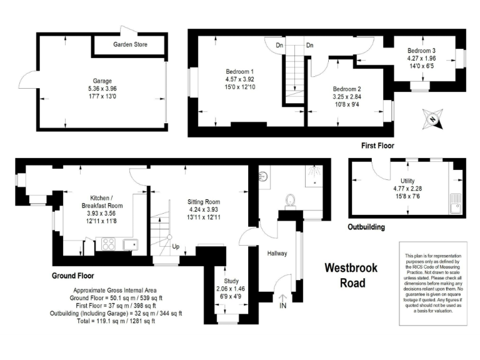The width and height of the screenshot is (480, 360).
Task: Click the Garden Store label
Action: (x=130, y=45)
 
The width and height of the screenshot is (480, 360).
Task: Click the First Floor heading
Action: (x=379, y=146)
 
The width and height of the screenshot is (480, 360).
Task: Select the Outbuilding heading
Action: (x=366, y=227)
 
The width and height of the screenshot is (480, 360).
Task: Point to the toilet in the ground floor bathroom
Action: (x=290, y=200)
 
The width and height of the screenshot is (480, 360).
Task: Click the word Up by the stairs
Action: (x=176, y=247)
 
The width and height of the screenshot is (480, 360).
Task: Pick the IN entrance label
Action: (x=283, y=306)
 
